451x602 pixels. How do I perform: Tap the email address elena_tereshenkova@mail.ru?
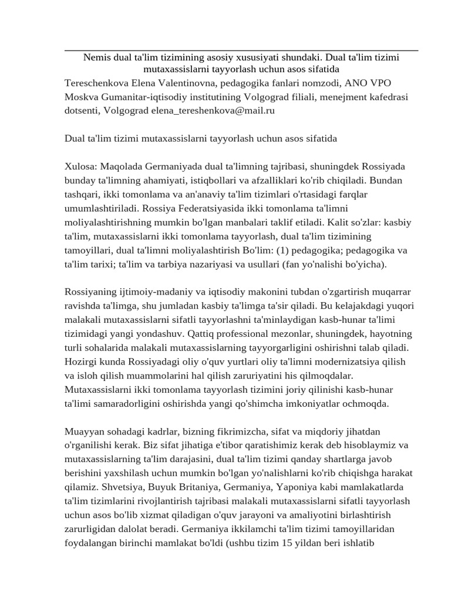(218, 109)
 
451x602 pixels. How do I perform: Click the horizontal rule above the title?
(241, 51)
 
